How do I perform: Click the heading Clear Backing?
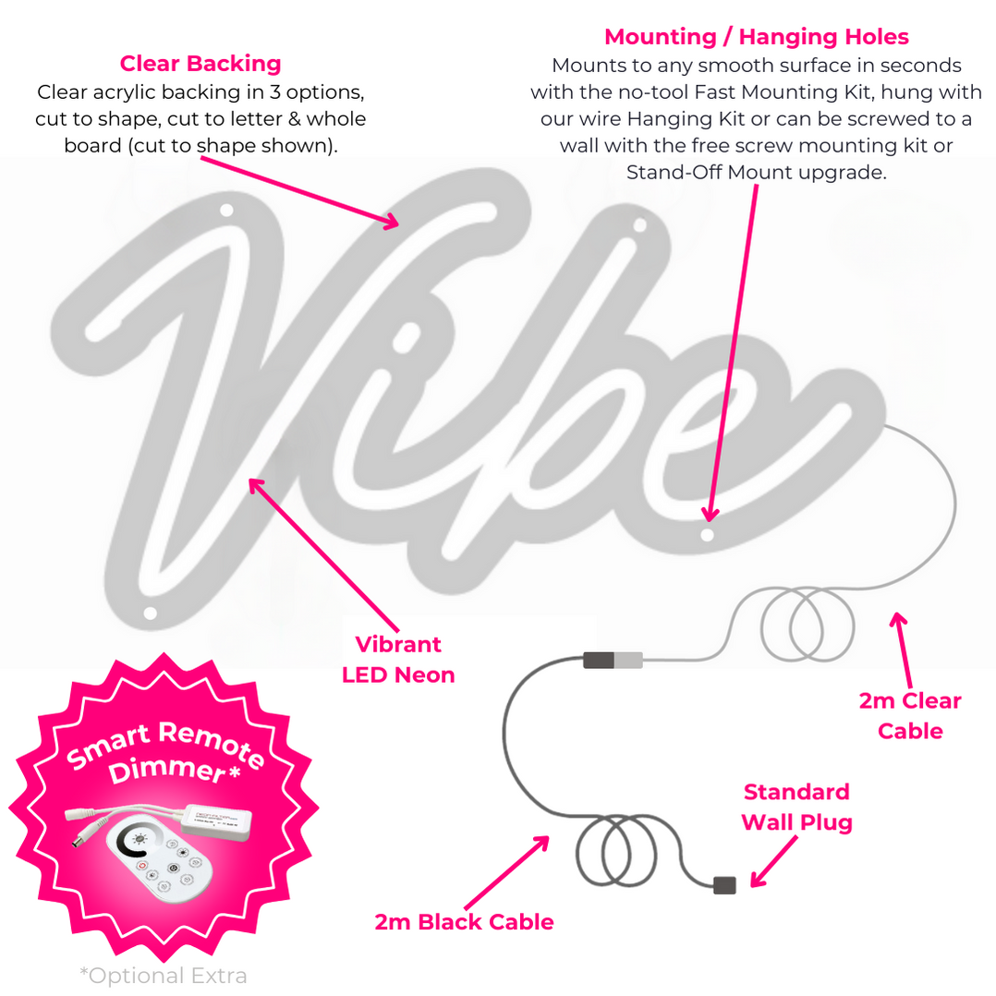(x=200, y=64)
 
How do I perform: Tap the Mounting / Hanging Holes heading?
(x=756, y=37)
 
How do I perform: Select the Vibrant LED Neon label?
(x=398, y=660)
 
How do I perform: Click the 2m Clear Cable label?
(x=910, y=716)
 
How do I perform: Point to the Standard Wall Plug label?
(x=796, y=807)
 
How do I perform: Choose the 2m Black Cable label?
(x=464, y=921)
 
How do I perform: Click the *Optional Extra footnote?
(x=164, y=976)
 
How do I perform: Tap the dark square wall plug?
(x=725, y=884)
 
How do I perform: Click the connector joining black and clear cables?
(x=613, y=660)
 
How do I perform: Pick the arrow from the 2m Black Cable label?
(x=504, y=874)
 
